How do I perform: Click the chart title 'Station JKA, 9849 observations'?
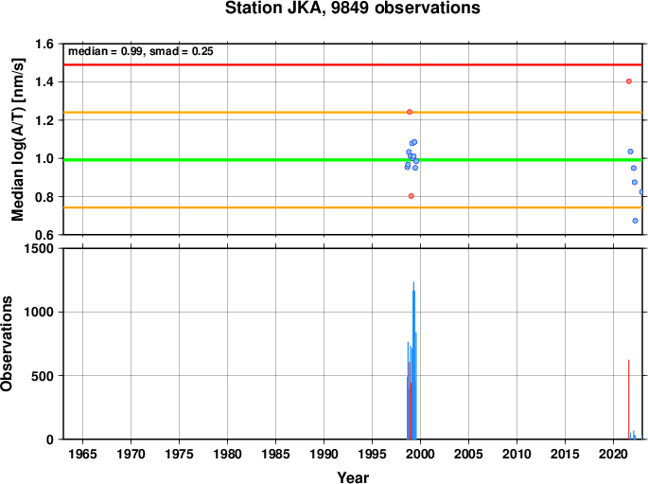pos(353,8)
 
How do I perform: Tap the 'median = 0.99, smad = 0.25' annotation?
pos(141,51)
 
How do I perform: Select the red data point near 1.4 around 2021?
pos(628,81)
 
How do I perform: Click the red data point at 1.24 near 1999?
pos(410,112)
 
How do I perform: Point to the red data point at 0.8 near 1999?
pos(412,196)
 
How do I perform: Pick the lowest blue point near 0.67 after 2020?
pos(635,221)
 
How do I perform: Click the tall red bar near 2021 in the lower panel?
pos(628,399)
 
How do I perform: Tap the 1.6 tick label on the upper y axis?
pos(44,44)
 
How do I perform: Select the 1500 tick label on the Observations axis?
pos(39,248)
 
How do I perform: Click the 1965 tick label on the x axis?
pos(82,455)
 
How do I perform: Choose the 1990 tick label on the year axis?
pos(324,455)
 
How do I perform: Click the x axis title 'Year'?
pos(353,477)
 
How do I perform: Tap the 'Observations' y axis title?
pos(7,344)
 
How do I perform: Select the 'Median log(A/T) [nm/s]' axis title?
pos(18,139)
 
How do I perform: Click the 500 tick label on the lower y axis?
pos(43,376)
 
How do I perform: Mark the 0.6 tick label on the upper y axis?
pos(44,235)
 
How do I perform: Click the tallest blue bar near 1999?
pos(413,360)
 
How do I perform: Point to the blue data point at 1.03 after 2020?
pos(630,152)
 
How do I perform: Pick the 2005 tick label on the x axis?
pos(468,455)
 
